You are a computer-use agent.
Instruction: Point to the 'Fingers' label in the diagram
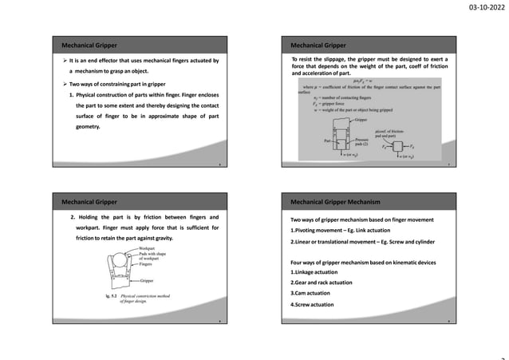(149, 264)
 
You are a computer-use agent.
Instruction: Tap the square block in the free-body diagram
(397, 147)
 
